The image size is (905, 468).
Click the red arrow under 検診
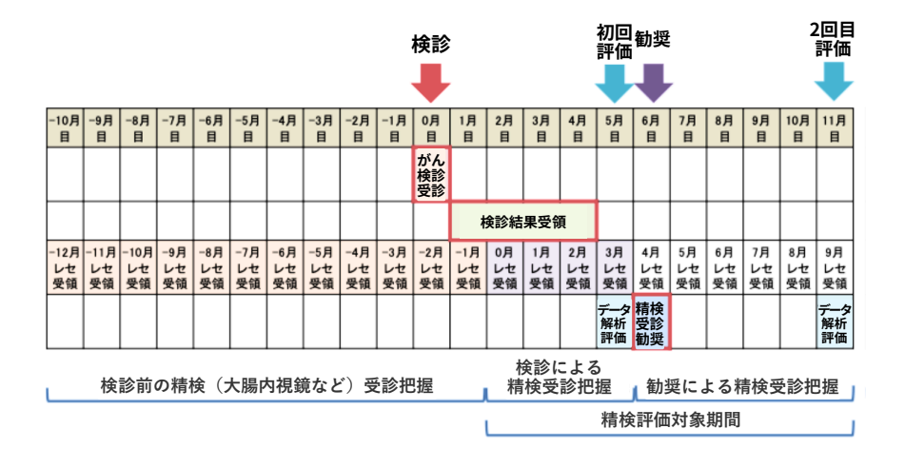[x=431, y=84]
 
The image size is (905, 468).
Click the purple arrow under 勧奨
[x=652, y=84]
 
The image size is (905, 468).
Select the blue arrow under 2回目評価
[x=835, y=84]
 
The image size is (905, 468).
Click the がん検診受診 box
[x=431, y=174]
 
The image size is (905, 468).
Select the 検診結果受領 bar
[x=522, y=222]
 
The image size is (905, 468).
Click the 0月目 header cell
[x=431, y=128]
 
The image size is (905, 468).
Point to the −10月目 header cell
[x=65, y=128]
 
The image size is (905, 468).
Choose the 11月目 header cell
[x=835, y=128]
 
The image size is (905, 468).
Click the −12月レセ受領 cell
[x=65, y=268]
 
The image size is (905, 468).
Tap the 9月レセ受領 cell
[x=835, y=268]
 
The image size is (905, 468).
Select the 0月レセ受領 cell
[x=504, y=268]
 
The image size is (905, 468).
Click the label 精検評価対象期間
[x=671, y=419]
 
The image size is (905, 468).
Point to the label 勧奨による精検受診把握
[x=742, y=387]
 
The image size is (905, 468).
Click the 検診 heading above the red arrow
[x=431, y=44]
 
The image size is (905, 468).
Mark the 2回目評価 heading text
[x=833, y=38]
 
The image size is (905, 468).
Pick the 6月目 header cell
[x=651, y=128]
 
